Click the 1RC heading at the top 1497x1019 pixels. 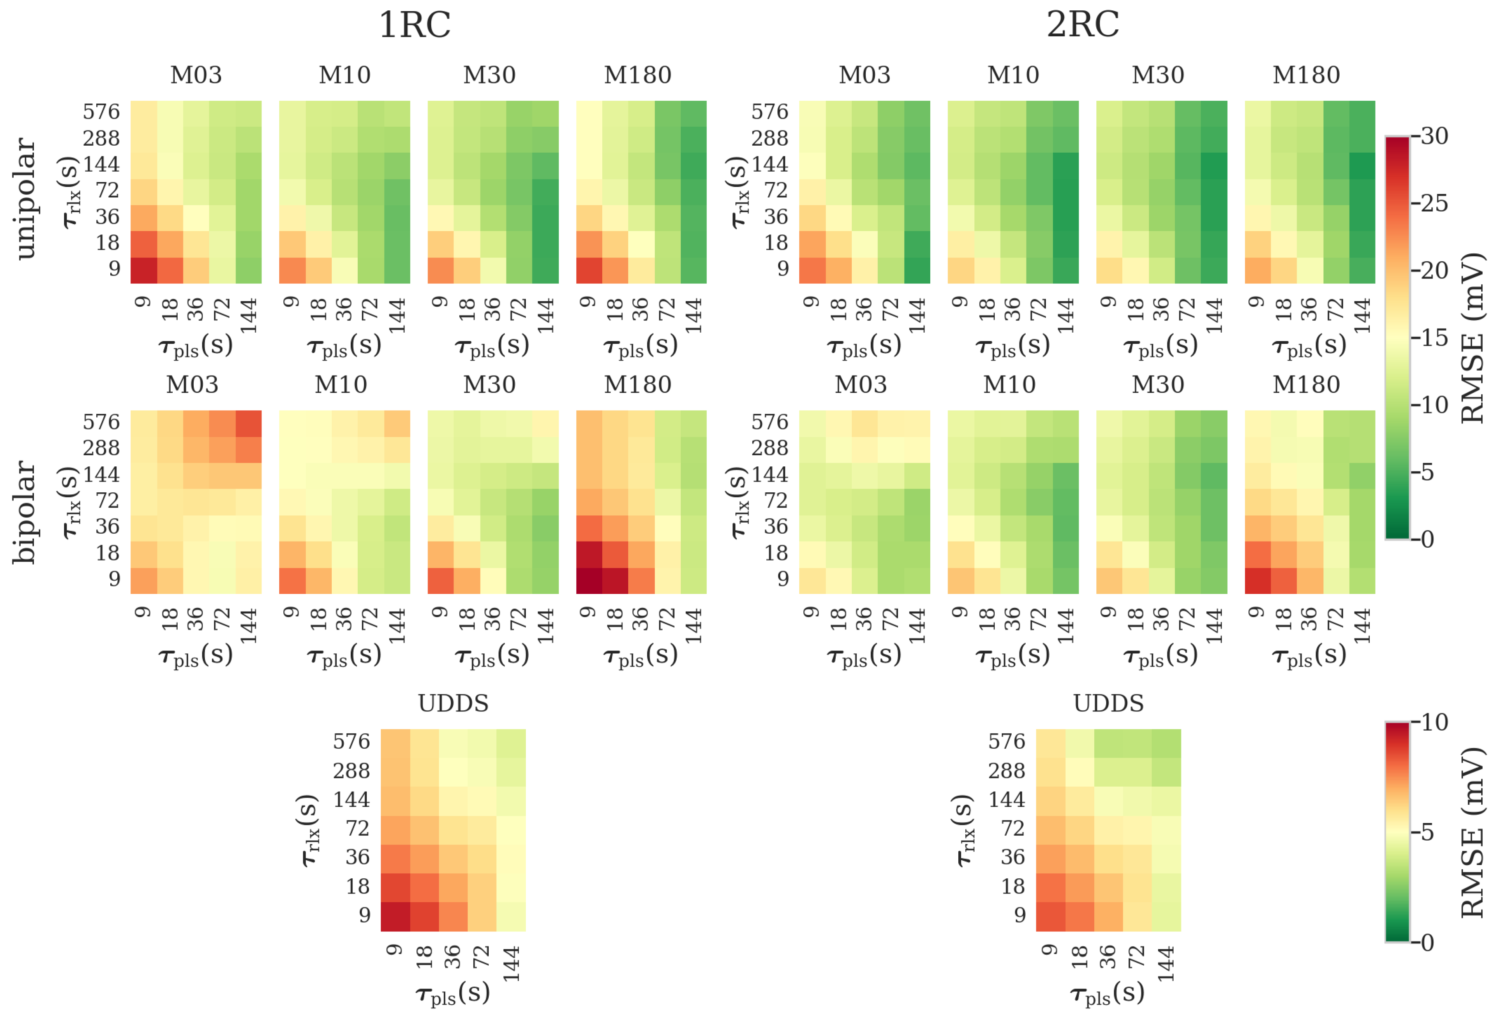pos(414,26)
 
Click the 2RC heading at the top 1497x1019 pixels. pos(1082,26)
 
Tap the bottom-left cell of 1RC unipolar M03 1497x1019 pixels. pos(144,270)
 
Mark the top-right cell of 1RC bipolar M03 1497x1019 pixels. pos(248,423)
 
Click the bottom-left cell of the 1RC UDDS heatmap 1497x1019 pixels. pos(395,917)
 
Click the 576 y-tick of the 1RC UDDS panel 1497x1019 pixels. pos(351,742)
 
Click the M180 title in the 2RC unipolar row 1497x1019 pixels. pos(1306,75)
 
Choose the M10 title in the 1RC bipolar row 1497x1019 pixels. pos(341,385)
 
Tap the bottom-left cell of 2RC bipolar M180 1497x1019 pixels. pos(1257,580)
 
